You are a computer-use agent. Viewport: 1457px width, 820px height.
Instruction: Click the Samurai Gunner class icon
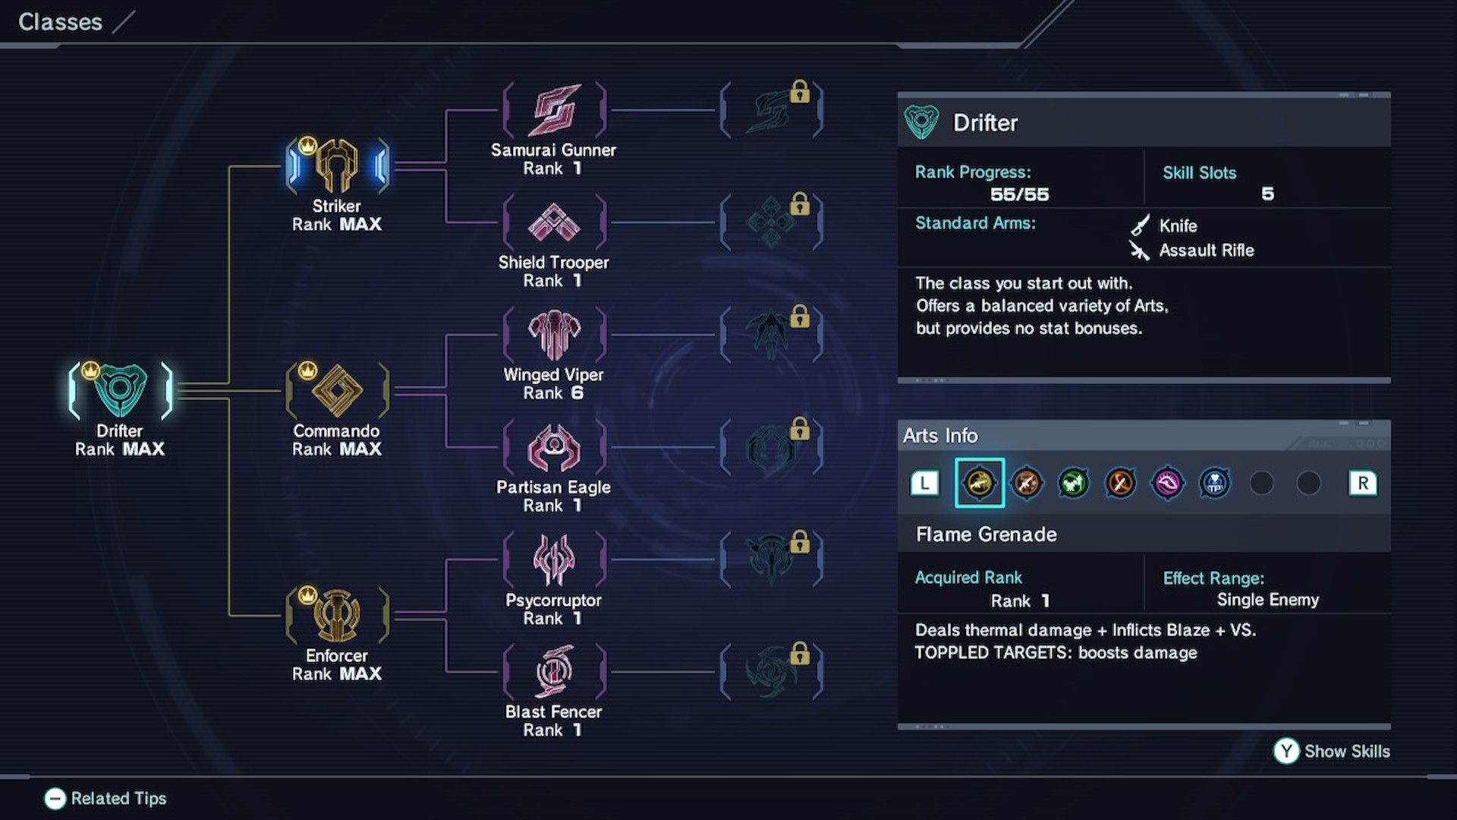pos(555,111)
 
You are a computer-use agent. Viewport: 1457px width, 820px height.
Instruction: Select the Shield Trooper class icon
pos(554,222)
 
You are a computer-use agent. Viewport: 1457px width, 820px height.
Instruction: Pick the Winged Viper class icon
pos(554,335)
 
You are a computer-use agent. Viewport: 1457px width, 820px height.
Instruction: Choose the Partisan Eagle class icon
pos(554,447)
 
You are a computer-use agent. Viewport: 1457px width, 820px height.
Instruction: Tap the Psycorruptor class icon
pos(554,560)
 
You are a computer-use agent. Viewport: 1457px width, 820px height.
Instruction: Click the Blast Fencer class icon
pos(554,672)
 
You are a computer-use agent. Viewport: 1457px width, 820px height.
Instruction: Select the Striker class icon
pos(337,165)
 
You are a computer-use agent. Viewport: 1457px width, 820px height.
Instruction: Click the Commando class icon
pos(337,390)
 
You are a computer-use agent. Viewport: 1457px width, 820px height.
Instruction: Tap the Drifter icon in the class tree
pos(120,390)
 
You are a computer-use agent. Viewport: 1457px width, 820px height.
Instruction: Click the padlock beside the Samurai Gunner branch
pos(800,92)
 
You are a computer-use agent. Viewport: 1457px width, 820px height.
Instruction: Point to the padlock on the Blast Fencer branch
pos(800,654)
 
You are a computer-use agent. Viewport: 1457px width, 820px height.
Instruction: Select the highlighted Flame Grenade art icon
pos(979,483)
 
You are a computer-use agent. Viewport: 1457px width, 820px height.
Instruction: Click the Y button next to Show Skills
pos(1286,751)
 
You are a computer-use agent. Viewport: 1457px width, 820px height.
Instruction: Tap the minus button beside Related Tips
pos(55,799)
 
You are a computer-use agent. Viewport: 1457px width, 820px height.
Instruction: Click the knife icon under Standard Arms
pos(1140,225)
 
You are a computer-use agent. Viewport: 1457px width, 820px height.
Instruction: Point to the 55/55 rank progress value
pos(1019,194)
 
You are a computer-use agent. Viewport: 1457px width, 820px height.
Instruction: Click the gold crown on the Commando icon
pos(307,371)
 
